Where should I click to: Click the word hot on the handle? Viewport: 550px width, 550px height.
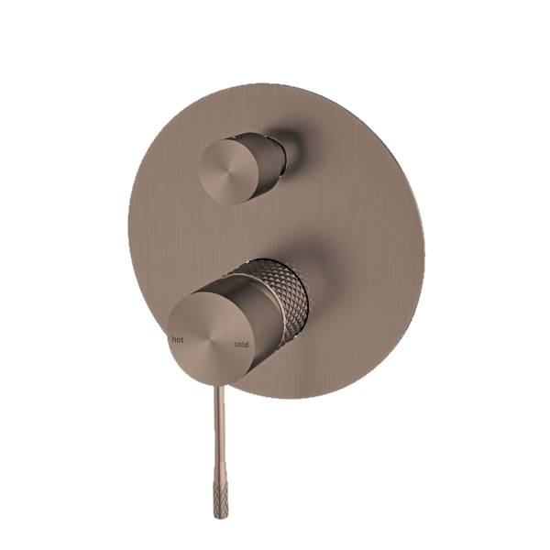click(x=177, y=339)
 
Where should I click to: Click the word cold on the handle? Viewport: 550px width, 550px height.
click(x=240, y=345)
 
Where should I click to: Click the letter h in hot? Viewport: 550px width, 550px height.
click(x=173, y=339)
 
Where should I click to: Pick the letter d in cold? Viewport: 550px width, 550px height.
click(x=247, y=345)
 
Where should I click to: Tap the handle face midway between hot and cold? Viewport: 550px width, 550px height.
click(x=209, y=342)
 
